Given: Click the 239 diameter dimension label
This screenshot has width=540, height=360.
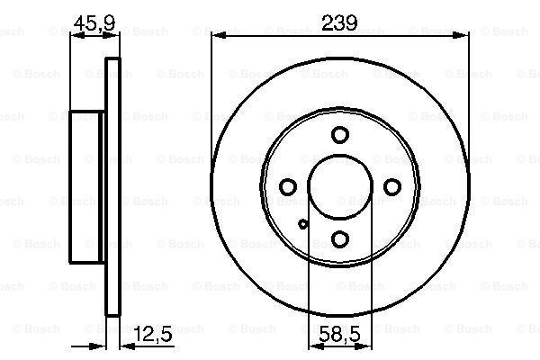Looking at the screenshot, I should (339, 23).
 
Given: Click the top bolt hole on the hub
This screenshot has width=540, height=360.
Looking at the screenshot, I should (339, 136).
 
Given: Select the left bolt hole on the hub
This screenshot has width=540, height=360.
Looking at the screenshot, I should (288, 186).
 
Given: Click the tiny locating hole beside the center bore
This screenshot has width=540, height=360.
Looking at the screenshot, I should (303, 224).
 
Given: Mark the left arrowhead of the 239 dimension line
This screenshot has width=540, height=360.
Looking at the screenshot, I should (216, 36).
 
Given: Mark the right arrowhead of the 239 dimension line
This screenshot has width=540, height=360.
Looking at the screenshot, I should (463, 36).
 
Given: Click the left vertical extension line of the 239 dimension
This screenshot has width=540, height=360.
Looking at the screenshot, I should (211, 108).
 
